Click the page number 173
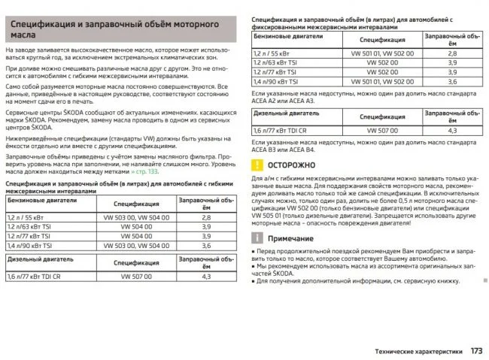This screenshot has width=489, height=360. [x=475, y=350]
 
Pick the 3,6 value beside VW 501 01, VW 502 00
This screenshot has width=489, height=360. [x=452, y=81]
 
